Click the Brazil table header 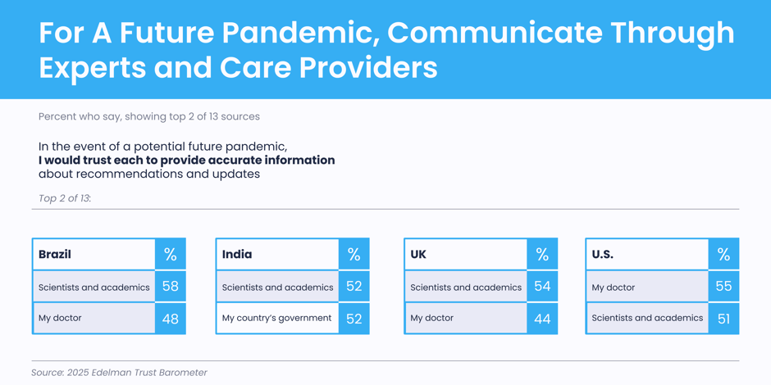point(55,255)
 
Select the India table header point(237,255)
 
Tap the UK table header point(418,255)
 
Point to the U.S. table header point(603,255)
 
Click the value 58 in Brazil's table point(170,287)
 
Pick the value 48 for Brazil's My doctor point(170,319)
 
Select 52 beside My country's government point(354,319)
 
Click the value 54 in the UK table point(542,287)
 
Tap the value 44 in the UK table point(542,319)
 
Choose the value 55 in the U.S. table point(723,287)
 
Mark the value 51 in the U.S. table point(723,319)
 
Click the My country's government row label point(277,318)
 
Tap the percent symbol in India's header point(354,255)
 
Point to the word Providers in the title point(368,68)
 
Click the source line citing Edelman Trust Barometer point(120,373)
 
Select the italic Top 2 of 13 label point(65,198)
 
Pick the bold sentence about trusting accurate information point(187,160)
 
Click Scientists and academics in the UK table point(466,288)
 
